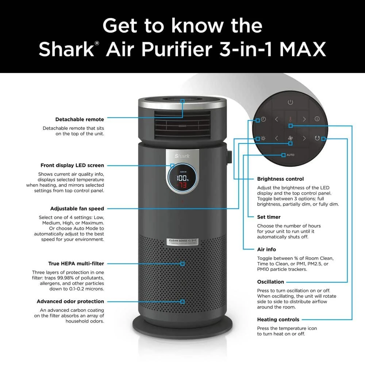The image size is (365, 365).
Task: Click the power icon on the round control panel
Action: (x=290, y=103)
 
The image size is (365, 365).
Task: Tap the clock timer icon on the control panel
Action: (x=263, y=119)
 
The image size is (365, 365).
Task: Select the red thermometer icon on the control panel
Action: (x=291, y=119)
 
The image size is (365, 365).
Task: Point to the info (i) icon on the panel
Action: (x=317, y=119)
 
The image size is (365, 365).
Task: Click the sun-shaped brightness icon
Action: (x=263, y=138)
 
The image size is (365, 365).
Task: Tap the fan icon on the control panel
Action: (x=291, y=138)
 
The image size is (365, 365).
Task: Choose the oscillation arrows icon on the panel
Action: (x=316, y=138)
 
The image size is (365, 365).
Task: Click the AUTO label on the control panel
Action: (x=291, y=155)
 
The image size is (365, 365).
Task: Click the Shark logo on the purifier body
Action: (x=182, y=156)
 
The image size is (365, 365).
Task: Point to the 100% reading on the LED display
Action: (x=182, y=178)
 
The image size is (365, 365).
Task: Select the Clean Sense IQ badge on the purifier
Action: (x=182, y=242)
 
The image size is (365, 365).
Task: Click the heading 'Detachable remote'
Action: (x=80, y=119)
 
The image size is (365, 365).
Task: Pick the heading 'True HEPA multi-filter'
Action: (x=76, y=263)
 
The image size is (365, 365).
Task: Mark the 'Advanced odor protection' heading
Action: (x=70, y=301)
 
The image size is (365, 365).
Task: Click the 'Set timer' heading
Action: (x=269, y=217)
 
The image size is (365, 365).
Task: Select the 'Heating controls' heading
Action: (x=278, y=319)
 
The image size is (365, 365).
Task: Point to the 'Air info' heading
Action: (x=266, y=249)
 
